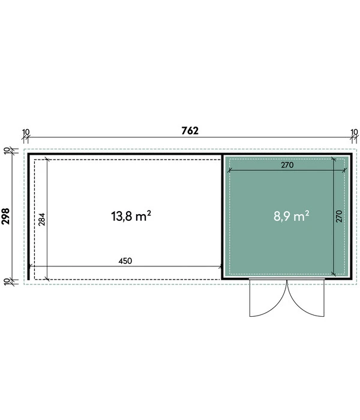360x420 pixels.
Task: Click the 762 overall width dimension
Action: [190, 130]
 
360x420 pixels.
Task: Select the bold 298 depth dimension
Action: [7, 216]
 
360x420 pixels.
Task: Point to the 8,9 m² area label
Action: [292, 216]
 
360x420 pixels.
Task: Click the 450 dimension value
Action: [125, 260]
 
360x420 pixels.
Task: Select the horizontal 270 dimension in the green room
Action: [286, 166]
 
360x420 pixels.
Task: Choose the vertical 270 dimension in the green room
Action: [339, 216]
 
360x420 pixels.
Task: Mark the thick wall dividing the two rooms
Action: [222, 216]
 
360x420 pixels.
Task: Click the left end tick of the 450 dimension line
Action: [30, 266]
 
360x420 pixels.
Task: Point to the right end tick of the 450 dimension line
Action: [220, 266]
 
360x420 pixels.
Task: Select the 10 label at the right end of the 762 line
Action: [353, 131]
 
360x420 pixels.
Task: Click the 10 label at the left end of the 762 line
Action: [25, 131]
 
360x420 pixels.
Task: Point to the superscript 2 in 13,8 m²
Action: [148, 212]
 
